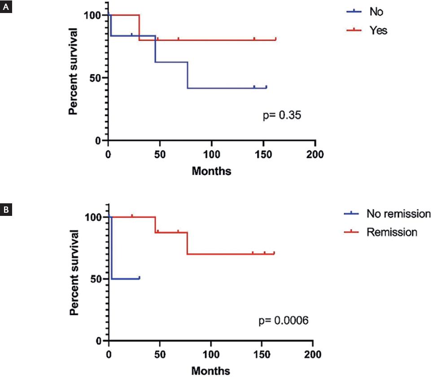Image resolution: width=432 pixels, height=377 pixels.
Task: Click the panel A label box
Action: (6, 8)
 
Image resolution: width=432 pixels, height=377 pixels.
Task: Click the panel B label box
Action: (6, 210)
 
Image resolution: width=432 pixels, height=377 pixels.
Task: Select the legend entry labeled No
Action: (376, 12)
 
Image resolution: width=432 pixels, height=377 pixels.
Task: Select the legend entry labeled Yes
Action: (378, 31)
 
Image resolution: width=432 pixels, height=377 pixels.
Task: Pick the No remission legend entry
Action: (398, 214)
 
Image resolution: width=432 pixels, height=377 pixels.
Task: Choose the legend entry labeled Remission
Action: (392, 232)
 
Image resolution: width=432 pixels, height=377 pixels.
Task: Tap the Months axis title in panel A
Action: (212, 171)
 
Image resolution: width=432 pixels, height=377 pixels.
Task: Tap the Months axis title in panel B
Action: (211, 371)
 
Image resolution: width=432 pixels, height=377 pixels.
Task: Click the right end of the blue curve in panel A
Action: (266, 88)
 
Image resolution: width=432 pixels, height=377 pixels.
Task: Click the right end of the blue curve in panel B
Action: (140, 279)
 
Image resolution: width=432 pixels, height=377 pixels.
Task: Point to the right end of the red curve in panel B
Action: (274, 254)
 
